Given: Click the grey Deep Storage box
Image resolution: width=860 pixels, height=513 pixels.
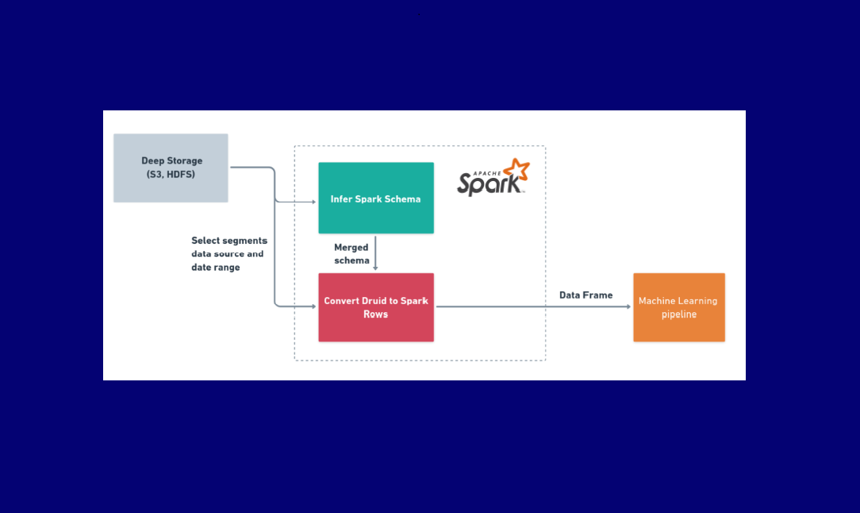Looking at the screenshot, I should [x=171, y=168].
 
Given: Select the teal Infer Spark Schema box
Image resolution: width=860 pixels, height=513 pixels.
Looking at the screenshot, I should [x=376, y=198].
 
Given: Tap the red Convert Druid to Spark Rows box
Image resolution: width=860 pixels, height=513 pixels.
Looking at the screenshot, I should [x=376, y=307].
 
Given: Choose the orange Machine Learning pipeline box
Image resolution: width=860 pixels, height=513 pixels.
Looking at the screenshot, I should [x=678, y=307].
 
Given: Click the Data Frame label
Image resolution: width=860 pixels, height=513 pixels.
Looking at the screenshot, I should [x=585, y=295].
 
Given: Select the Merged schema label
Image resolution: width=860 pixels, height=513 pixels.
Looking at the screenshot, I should [x=351, y=254].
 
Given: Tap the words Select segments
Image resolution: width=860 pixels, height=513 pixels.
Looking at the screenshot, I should [x=229, y=241].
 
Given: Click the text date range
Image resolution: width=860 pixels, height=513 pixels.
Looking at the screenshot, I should [x=215, y=268].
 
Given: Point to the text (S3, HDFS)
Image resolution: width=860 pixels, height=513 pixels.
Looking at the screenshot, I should [x=171, y=175].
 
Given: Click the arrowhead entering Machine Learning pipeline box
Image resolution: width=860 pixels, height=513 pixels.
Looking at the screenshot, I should [x=629, y=307].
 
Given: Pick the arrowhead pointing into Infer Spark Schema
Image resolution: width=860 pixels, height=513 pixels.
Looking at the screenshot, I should [x=314, y=202].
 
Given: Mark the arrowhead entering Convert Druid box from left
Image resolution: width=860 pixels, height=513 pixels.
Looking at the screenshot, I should [x=314, y=307].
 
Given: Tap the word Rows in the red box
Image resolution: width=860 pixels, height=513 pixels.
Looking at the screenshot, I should [x=376, y=314].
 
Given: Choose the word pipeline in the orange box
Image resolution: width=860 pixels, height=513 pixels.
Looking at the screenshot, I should [x=679, y=314].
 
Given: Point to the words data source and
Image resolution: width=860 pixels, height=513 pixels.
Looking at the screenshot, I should [x=227, y=254].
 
